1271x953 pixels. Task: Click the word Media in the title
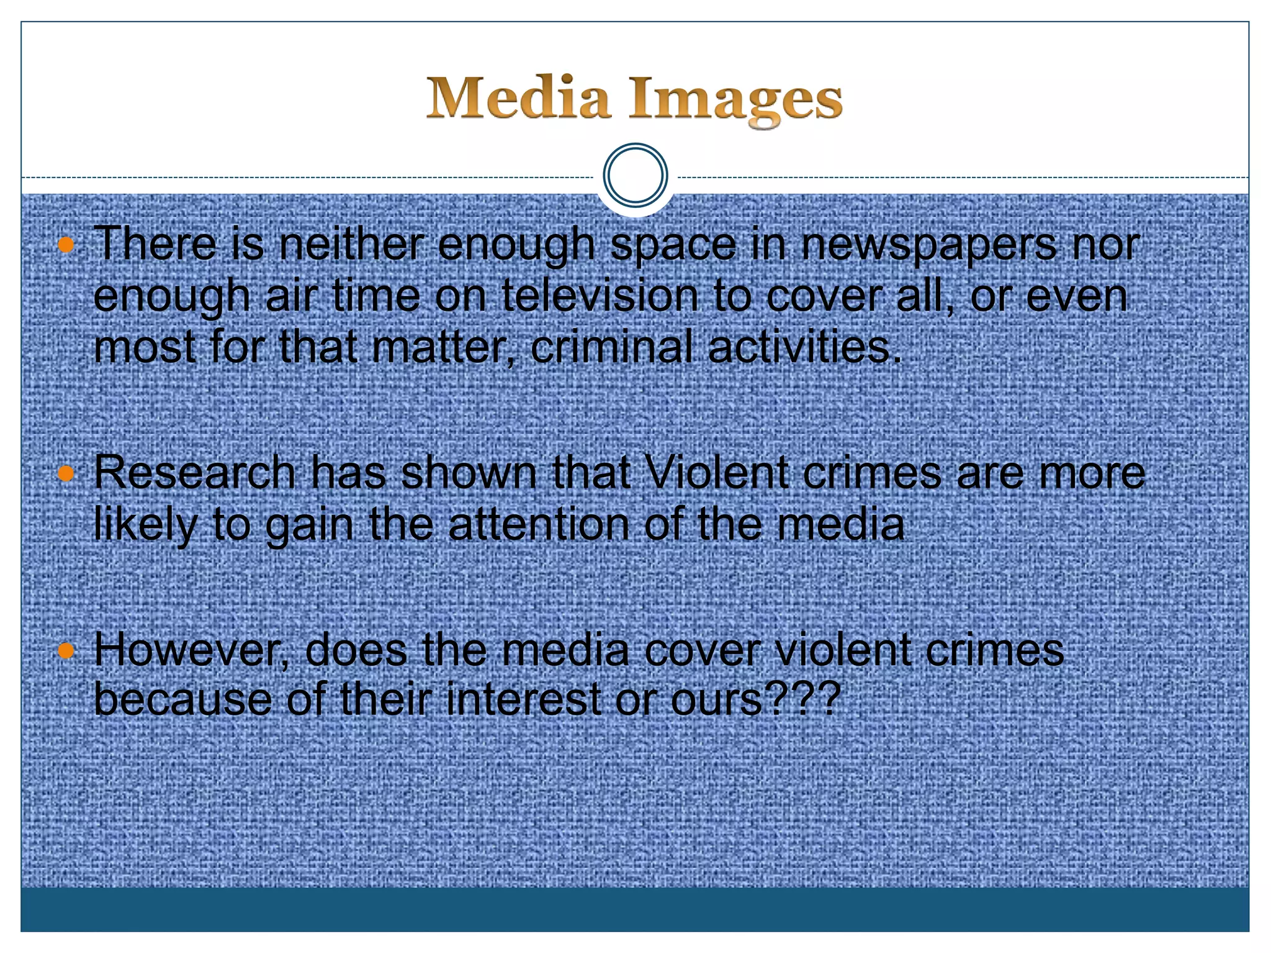518,98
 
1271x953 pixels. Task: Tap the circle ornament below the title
635,176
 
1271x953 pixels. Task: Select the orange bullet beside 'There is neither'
66,245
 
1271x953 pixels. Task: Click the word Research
194,473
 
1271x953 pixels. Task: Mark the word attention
539,524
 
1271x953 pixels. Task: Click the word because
182,700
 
